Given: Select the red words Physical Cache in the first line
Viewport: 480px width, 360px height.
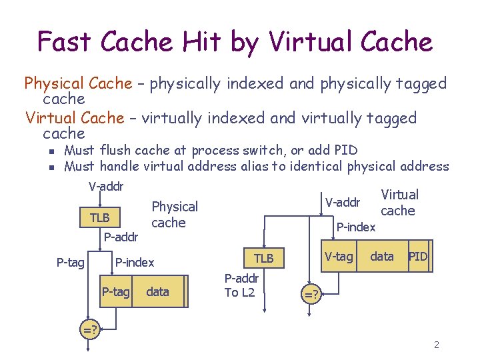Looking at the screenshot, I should click(78, 84).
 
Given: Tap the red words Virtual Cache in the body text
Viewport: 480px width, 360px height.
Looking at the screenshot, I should click(75, 119).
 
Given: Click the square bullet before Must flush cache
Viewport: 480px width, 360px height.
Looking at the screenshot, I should click(41, 151).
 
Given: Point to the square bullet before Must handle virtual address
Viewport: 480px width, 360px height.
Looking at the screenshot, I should click(41, 167).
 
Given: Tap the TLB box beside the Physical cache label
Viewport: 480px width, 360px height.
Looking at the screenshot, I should click(100, 217).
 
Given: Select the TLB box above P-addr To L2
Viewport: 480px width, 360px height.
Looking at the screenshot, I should click(264, 258).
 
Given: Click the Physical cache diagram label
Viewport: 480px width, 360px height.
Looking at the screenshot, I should click(175, 215).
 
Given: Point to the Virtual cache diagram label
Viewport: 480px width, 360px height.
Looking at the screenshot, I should click(399, 203).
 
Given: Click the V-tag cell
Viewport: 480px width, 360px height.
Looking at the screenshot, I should click(339, 257).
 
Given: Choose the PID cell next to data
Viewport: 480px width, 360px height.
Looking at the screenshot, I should click(418, 257).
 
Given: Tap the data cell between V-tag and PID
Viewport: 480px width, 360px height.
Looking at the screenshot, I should click(381, 257).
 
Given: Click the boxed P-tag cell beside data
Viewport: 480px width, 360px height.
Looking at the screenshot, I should click(116, 292).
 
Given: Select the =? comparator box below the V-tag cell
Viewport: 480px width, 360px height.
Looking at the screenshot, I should click(311, 293).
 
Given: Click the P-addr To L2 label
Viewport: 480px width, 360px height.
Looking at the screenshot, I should click(239, 286).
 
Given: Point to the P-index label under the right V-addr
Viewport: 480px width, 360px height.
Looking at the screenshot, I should click(355, 227).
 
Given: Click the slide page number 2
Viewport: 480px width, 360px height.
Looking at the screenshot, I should click(436, 345).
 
